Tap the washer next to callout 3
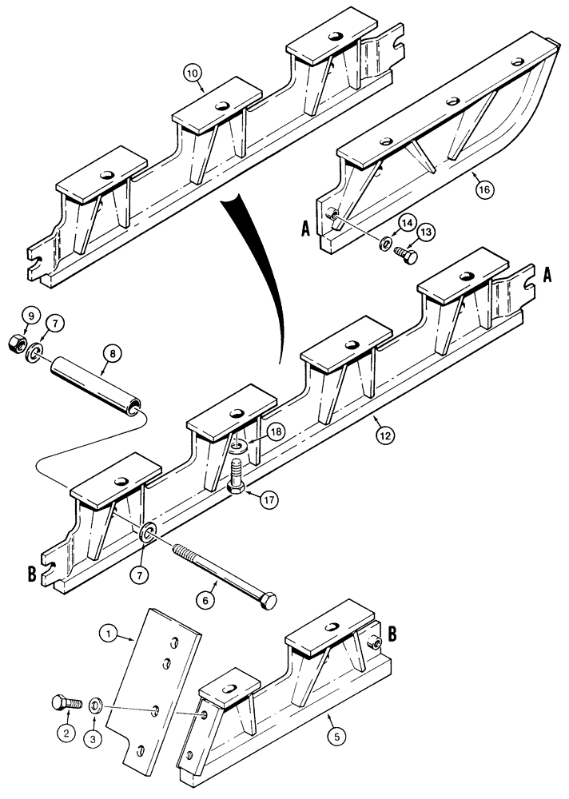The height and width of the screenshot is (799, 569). click(94, 705)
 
